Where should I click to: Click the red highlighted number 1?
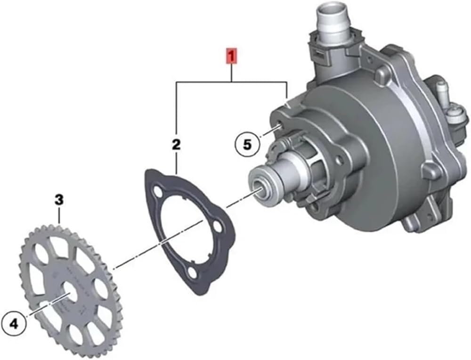click(232, 57)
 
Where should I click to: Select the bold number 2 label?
click(176, 145)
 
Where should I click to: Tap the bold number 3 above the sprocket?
click(59, 199)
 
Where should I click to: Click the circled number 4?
click(14, 324)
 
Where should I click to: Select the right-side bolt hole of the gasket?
click(218, 226)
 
